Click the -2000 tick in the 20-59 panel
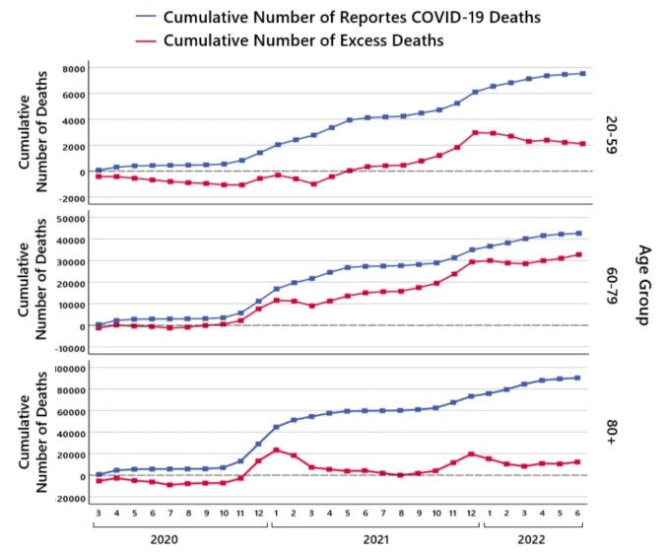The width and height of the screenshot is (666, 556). point(71,197)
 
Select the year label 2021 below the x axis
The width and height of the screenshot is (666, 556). point(375,539)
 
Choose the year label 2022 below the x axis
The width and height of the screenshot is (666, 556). point(533,539)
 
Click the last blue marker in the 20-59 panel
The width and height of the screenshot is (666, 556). point(582,74)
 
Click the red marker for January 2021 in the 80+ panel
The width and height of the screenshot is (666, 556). point(277,450)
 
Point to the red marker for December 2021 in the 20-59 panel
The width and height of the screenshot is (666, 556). point(475,132)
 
